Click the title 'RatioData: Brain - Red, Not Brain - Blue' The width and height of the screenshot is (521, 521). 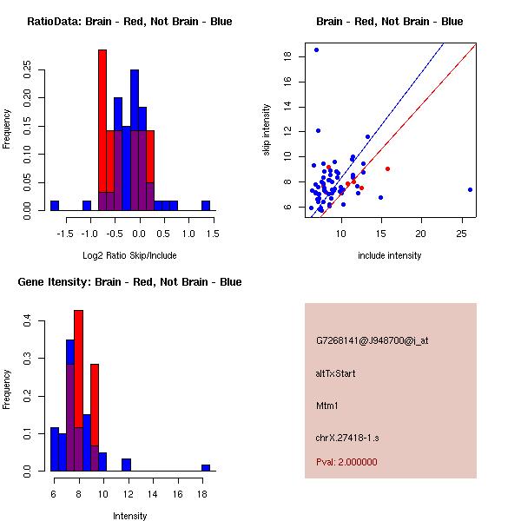point(129,22)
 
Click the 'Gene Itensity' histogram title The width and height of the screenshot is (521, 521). point(129,282)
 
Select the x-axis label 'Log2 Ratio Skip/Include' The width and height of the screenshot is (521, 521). point(129,255)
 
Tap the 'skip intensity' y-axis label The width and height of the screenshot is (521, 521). point(267,130)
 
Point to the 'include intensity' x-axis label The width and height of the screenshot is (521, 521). point(390,255)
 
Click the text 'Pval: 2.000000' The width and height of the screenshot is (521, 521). point(346,462)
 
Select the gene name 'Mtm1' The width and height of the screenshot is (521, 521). point(327,405)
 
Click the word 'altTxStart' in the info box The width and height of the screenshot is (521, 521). point(336,373)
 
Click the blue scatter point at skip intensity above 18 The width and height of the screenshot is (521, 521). point(316,50)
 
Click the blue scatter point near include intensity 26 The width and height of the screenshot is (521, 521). point(470,189)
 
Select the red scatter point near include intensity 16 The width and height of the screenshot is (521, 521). point(387,168)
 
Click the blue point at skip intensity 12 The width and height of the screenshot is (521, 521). point(318,130)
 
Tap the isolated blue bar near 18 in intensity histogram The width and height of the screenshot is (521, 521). point(206,467)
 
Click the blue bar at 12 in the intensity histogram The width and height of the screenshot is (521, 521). point(126,465)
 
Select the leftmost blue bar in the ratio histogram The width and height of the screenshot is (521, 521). point(54,206)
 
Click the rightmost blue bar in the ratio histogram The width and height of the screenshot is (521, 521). point(206,206)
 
